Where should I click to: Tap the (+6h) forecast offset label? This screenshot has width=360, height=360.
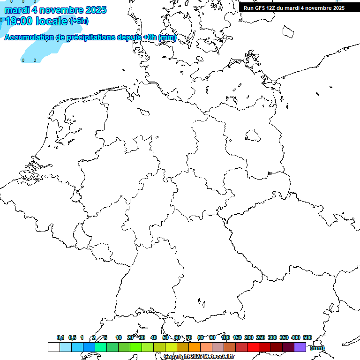pyautogui.click(x=79, y=21)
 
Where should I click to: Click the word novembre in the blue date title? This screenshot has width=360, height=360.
pyautogui.click(x=60, y=10)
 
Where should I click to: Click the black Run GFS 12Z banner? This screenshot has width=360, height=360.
pyautogui.click(x=294, y=7)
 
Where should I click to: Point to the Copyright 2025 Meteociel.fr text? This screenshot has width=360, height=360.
pyautogui.click(x=199, y=357)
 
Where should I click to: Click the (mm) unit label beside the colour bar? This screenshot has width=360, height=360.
pyautogui.click(x=317, y=348)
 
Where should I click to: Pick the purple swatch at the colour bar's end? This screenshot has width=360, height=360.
pyautogui.click(x=300, y=347)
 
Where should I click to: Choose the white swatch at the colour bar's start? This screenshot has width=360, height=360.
pyautogui.click(x=53, y=347)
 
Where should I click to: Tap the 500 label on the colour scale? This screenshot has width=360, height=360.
pyautogui.click(x=307, y=337)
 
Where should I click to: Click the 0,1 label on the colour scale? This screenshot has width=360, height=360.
pyautogui.click(x=60, y=337)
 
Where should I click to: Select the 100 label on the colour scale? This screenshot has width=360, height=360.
pyautogui.click(x=225, y=337)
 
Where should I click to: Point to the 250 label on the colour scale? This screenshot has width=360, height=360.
pyautogui.click(x=261, y=337)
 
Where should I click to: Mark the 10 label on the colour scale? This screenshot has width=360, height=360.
pyautogui.click(x=119, y=337)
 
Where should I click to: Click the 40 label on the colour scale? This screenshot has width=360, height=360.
pyautogui.click(x=154, y=337)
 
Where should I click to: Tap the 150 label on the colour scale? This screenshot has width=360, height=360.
pyautogui.click(x=237, y=337)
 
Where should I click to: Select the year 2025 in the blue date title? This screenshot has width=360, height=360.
pyautogui.click(x=94, y=10)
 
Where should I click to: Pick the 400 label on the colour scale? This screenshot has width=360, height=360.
pyautogui.click(x=296, y=337)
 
